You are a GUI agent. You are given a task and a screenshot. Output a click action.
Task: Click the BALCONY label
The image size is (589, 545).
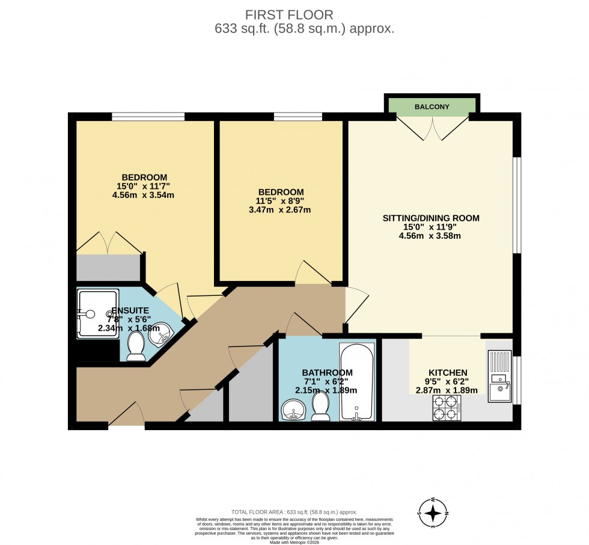click(432, 107)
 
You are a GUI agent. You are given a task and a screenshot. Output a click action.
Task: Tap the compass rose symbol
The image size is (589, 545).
click(433, 513)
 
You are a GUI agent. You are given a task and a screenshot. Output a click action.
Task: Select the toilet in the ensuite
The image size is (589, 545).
click(136, 347)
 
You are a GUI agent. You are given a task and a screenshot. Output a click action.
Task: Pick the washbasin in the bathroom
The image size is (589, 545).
click(294, 411)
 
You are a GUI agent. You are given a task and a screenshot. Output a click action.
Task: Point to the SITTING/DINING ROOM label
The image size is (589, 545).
click(431, 218)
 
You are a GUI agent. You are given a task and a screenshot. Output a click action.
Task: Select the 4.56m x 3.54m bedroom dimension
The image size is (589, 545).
click(144, 195)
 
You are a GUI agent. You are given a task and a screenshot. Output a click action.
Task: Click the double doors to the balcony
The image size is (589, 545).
click(432, 128)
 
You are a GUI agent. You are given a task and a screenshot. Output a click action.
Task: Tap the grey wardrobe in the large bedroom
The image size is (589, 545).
click(108, 268)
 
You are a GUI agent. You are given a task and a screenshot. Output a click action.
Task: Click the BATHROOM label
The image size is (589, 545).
click(327, 372)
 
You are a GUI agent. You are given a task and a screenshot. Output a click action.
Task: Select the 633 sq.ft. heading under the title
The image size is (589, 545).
click(304, 29)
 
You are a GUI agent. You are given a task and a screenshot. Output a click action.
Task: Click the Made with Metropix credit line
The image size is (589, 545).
click(294, 542)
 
